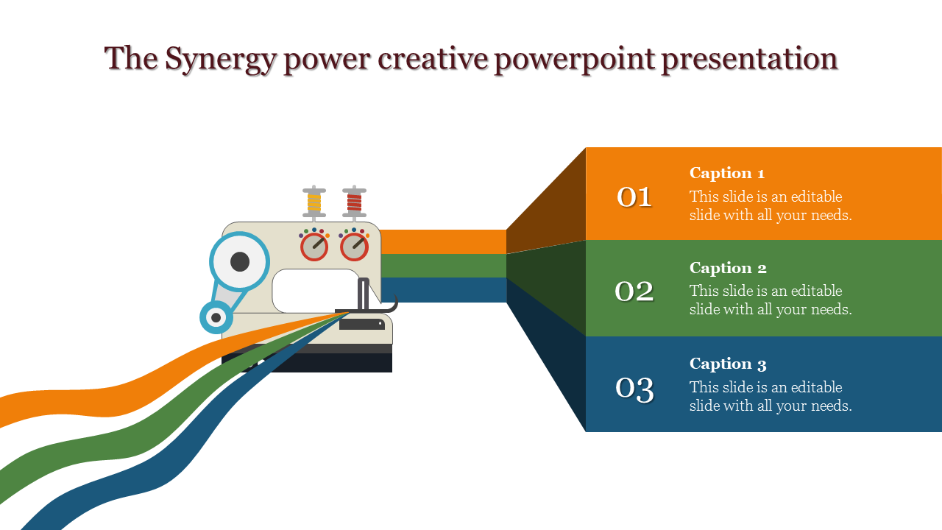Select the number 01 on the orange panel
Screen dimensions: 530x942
[634, 197]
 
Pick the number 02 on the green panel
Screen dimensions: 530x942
[634, 291]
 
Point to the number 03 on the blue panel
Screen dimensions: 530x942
[634, 388]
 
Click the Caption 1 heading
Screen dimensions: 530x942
[727, 173]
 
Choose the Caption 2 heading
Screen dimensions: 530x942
[728, 268]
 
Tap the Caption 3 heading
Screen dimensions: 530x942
[728, 364]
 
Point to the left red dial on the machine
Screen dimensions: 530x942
[314, 247]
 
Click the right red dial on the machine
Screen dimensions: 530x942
[354, 247]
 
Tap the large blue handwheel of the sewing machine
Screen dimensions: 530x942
[239, 261]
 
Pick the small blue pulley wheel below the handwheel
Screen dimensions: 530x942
[216, 318]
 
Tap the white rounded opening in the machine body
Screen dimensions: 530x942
[315, 291]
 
